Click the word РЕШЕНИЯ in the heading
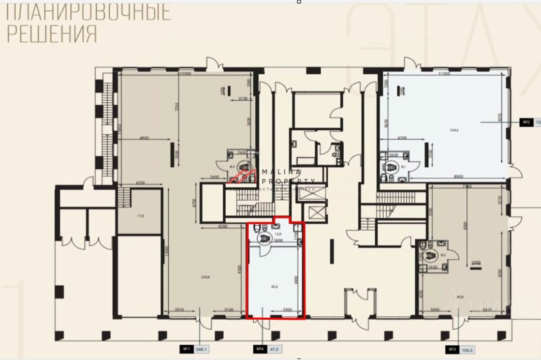51,33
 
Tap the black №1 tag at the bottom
187,350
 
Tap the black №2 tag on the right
526,121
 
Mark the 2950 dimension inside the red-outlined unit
288,310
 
